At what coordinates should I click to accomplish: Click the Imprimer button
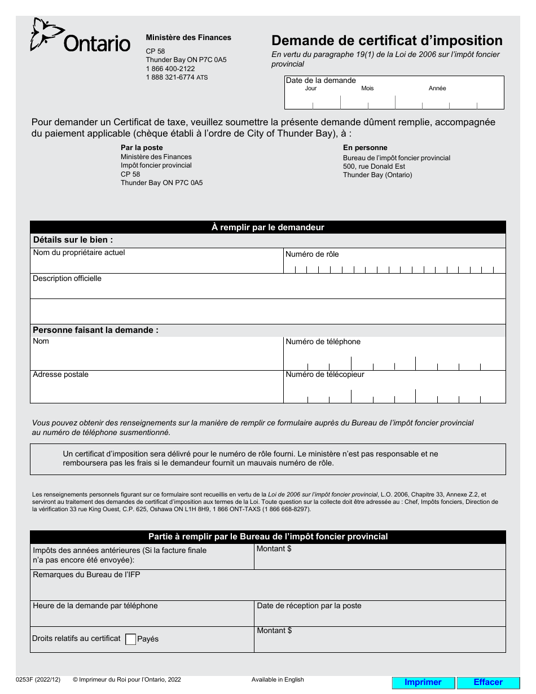tap(423, 682)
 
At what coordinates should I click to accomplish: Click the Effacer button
tap(488, 682)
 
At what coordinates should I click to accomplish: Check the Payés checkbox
tap(130, 639)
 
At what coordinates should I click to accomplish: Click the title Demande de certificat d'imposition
tap(386, 41)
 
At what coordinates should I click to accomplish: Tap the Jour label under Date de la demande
tap(310, 89)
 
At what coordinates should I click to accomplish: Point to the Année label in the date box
tap(437, 89)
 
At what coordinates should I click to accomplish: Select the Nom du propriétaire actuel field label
tap(79, 253)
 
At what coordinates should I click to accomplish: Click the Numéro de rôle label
tap(312, 254)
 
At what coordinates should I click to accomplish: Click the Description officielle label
tap(67, 279)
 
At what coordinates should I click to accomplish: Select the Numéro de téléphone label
tap(323, 341)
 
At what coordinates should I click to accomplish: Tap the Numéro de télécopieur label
tap(325, 374)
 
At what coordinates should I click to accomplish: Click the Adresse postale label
tap(60, 375)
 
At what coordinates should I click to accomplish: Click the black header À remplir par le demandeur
tap(267, 227)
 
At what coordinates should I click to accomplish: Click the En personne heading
tap(365, 148)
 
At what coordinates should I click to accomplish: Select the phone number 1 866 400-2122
tap(170, 68)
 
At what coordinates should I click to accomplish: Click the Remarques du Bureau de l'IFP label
tap(86, 575)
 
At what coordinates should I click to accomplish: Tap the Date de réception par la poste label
tap(309, 606)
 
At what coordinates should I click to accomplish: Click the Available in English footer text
tap(278, 680)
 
